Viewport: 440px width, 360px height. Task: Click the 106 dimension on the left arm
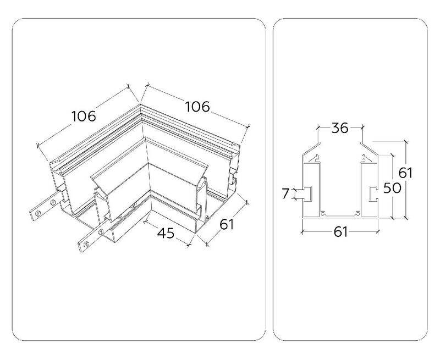click(x=84, y=117)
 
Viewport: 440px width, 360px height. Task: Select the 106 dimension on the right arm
click(x=197, y=107)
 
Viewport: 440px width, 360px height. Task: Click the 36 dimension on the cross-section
click(x=340, y=128)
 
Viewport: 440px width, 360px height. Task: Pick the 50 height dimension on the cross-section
click(x=391, y=188)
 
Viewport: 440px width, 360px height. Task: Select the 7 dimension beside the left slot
click(x=284, y=193)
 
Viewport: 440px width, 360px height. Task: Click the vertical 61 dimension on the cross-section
click(x=405, y=172)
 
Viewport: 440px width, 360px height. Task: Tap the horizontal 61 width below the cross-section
click(x=340, y=232)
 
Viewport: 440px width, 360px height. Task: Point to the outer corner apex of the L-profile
click(x=140, y=102)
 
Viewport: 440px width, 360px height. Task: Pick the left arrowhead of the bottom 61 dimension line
click(x=302, y=232)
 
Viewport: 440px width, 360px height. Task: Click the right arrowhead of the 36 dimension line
click(x=361, y=128)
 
